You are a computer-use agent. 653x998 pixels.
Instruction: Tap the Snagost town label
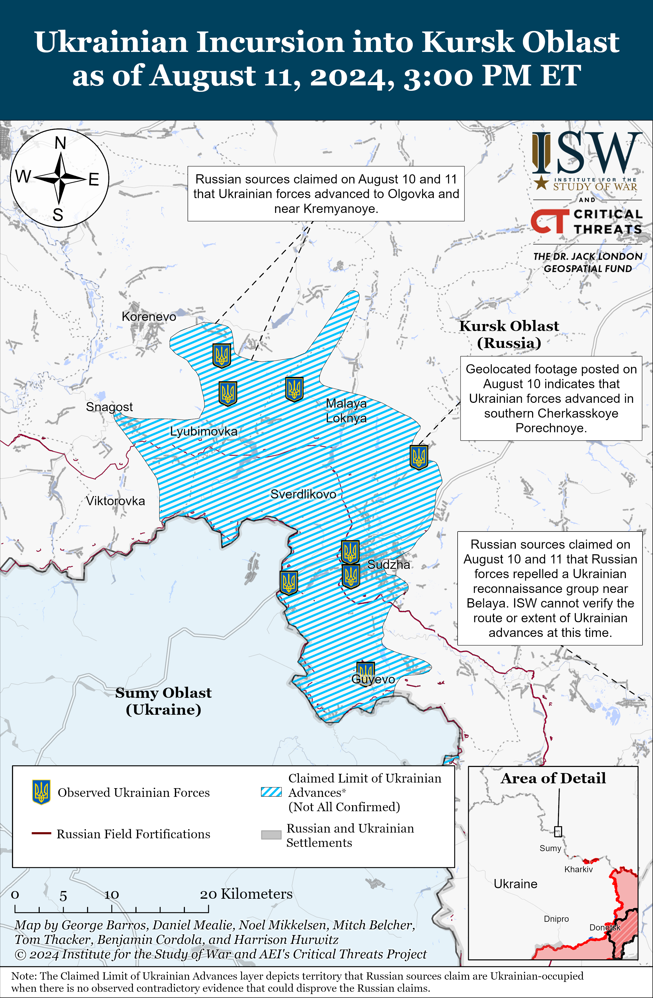[109, 407]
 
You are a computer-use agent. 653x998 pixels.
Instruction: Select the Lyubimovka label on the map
[204, 431]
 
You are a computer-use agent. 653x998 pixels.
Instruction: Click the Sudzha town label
[389, 565]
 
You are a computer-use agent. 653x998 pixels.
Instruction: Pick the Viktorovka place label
[115, 501]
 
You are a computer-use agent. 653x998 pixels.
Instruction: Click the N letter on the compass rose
[60, 143]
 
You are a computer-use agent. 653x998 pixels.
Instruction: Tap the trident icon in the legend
[41, 792]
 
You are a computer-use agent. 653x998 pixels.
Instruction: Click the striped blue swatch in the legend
[271, 792]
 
